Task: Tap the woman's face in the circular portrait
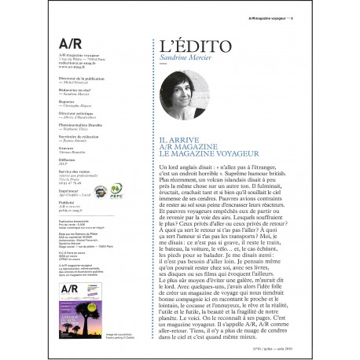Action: pyautogui.click(x=184, y=90)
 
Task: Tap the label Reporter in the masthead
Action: pyautogui.click(x=67, y=102)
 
